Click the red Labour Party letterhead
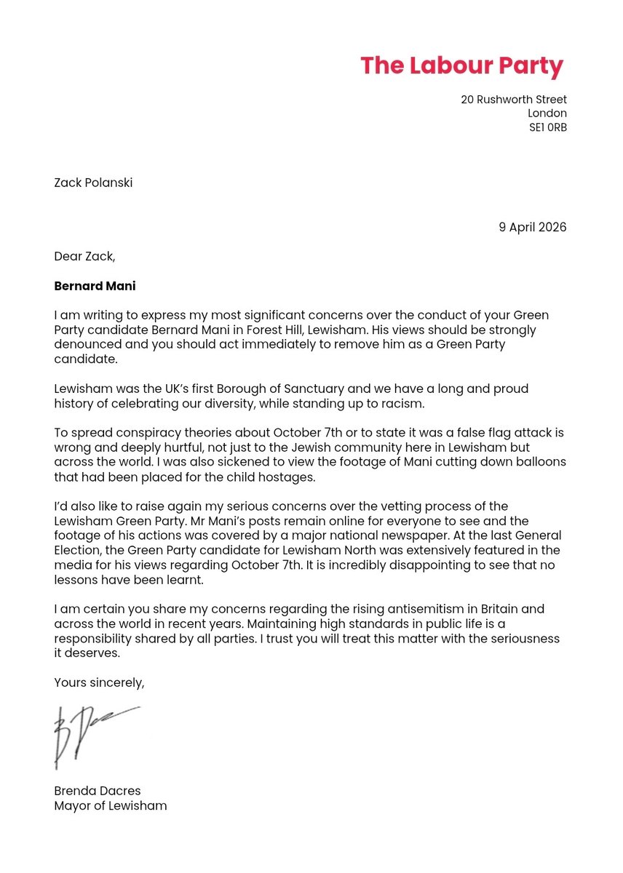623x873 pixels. pos(461,66)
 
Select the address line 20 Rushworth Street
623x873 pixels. pos(513,100)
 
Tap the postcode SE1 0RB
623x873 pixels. pos(547,127)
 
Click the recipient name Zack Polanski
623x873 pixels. pos(93,183)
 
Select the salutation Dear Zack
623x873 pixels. pos(84,256)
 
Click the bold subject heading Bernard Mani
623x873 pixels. pos(95,286)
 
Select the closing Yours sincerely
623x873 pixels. pos(100,682)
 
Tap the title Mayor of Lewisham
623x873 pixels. pos(111,805)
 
